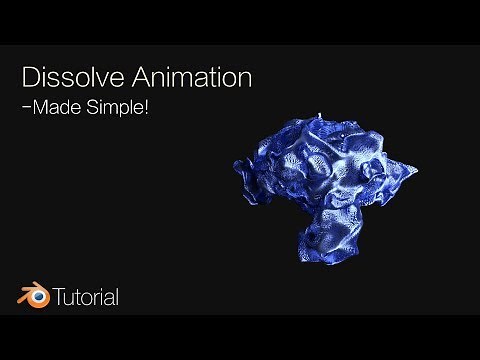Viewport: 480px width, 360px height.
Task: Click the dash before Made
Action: click(26, 108)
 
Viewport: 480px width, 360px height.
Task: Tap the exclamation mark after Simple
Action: click(146, 107)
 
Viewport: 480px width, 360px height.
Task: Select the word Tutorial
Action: click(86, 297)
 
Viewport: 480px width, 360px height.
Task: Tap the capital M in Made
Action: click(41, 108)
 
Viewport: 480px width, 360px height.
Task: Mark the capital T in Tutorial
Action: click(59, 297)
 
